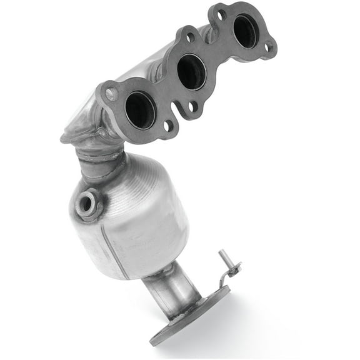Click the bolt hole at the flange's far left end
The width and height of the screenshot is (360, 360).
pyautogui.click(x=111, y=94)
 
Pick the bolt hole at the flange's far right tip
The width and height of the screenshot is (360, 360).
pyautogui.click(x=269, y=46)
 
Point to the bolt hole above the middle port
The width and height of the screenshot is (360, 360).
pyautogui.click(x=187, y=38)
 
